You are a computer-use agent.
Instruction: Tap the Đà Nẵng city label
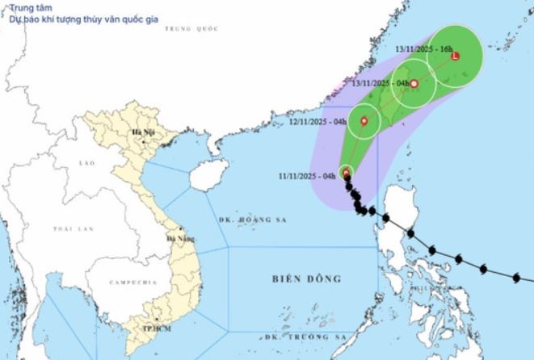179,239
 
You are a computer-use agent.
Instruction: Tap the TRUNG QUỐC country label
191,28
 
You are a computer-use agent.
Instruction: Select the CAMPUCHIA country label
132,283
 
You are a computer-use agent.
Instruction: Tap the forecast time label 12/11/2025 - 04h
318,123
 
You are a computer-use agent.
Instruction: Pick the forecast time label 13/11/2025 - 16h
424,49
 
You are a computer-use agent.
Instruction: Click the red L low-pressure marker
455,57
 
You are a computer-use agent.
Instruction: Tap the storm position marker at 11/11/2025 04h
346,173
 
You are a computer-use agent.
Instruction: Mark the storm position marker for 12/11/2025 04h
364,123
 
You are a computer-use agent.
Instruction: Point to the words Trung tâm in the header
27,9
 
